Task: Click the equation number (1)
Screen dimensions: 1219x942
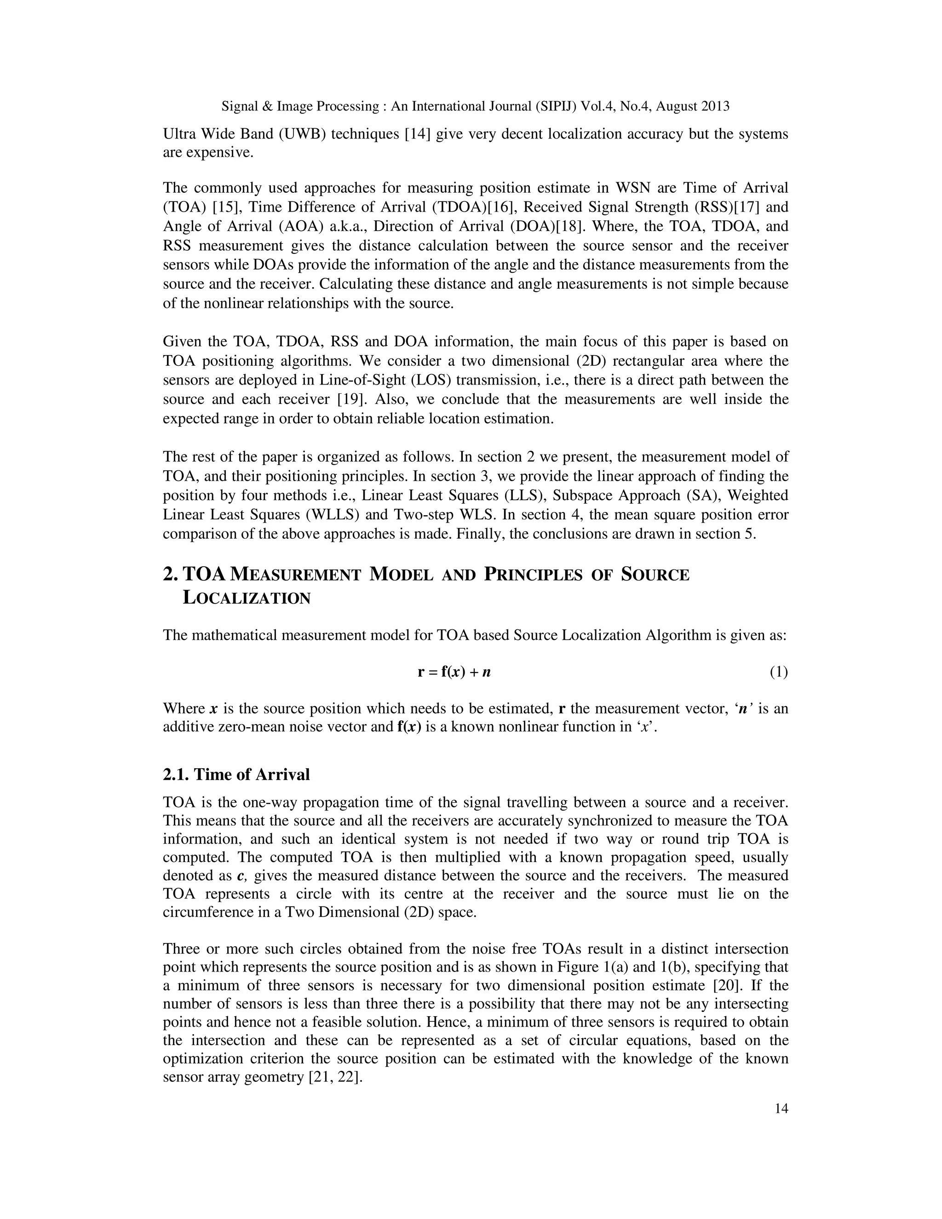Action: tap(779, 673)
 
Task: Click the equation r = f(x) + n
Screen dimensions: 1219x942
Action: tap(454, 673)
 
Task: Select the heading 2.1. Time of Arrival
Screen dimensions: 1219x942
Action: tap(236, 775)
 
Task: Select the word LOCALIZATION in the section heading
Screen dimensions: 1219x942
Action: tap(246, 598)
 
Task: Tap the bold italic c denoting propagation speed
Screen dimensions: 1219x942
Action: tap(241, 876)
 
